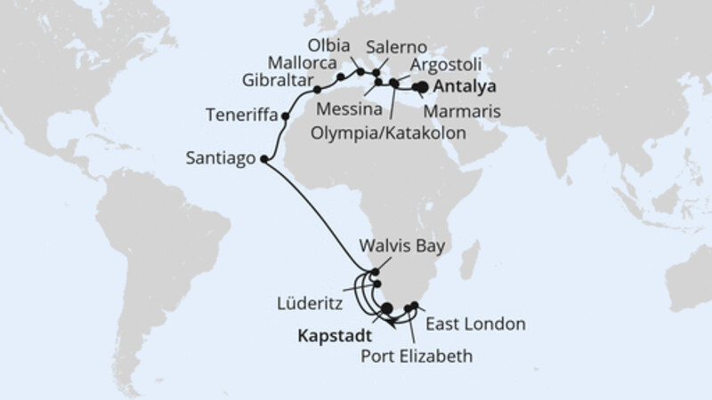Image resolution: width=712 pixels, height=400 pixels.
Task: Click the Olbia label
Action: click(x=325, y=44)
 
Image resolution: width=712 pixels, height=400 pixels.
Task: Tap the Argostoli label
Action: click(x=448, y=66)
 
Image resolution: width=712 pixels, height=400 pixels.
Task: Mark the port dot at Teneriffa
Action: click(x=285, y=116)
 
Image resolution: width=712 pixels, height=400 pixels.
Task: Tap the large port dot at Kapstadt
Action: click(x=386, y=308)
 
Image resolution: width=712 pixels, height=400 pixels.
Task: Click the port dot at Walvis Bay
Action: click(x=376, y=273)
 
